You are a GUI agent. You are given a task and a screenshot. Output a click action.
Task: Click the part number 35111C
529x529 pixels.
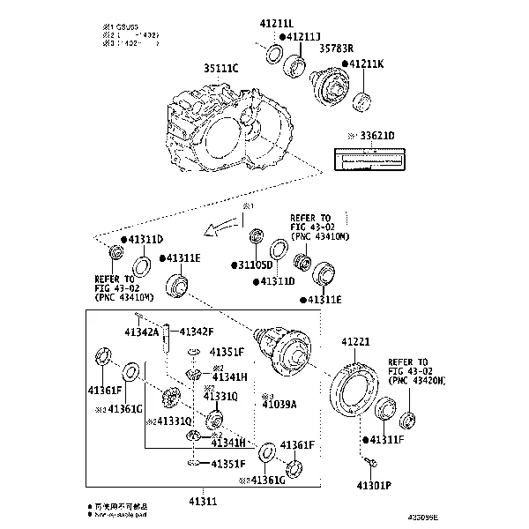point(221,67)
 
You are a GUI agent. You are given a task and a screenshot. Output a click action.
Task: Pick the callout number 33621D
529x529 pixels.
point(375,136)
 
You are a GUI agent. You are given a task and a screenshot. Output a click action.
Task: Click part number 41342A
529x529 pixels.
point(141,332)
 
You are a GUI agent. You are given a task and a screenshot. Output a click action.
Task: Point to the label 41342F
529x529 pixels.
point(196,332)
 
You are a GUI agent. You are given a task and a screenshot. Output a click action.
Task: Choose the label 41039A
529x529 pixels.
point(279,404)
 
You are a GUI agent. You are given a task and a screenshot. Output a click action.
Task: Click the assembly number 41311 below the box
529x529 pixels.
point(202,501)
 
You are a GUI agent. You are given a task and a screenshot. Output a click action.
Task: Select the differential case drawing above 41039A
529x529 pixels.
point(283,349)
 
